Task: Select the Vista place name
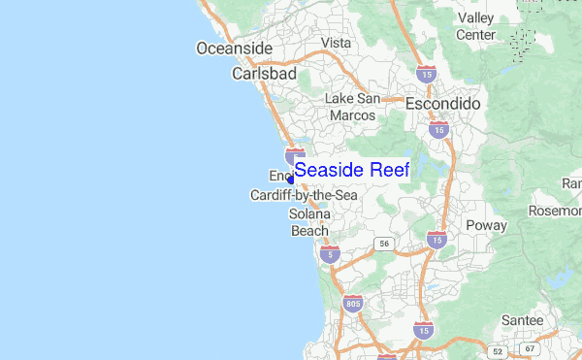click(336, 43)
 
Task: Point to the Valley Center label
click(476, 26)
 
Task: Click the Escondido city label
click(442, 102)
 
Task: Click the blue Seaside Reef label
click(351, 170)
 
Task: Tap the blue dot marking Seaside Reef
click(290, 179)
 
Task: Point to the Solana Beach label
click(310, 222)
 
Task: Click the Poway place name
click(486, 225)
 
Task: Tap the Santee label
click(522, 319)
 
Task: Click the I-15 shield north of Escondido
click(425, 73)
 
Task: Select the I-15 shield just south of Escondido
click(439, 128)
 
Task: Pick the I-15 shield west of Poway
click(436, 239)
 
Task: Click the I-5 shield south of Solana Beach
click(332, 254)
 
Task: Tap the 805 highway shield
click(353, 305)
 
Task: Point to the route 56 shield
click(384, 244)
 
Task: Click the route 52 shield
click(498, 351)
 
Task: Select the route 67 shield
click(529, 348)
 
